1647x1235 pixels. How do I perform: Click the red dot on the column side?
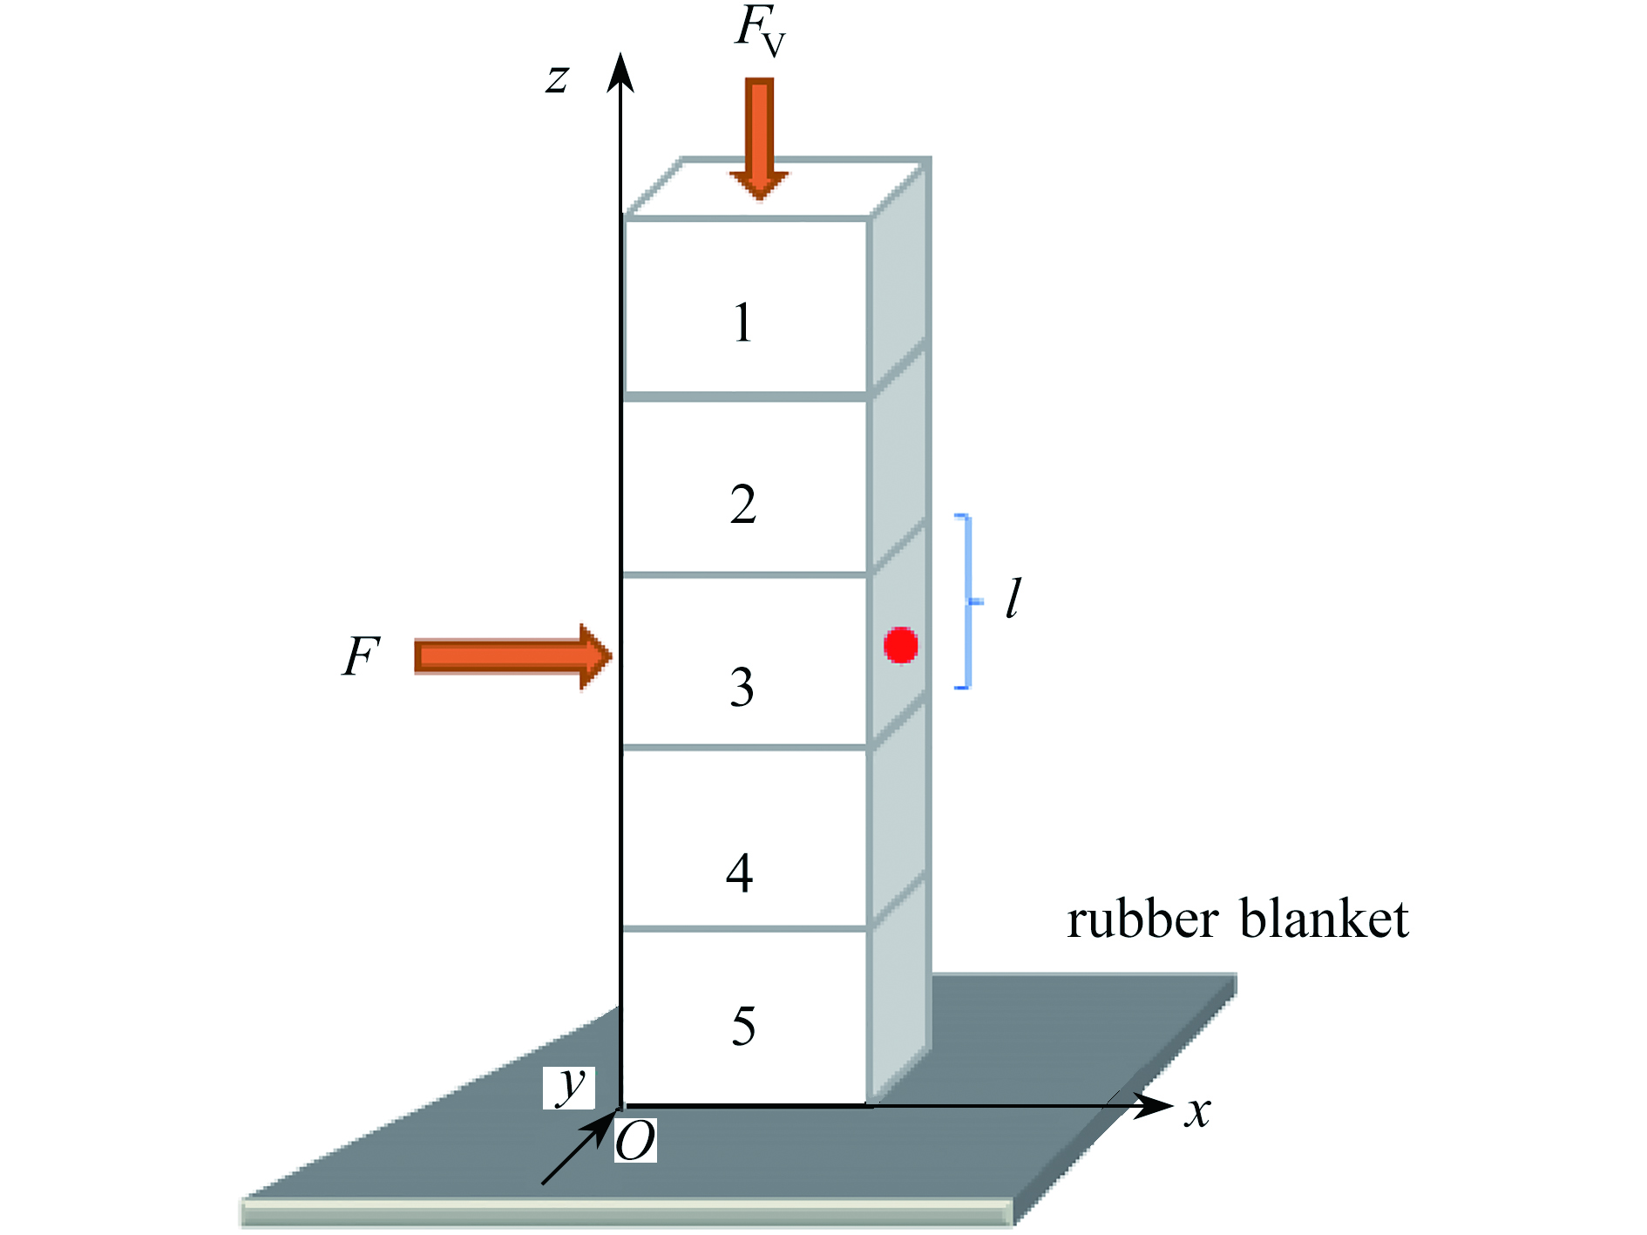coord(900,645)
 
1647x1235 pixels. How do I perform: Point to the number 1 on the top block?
coord(742,322)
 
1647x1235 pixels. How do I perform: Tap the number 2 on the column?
coord(743,505)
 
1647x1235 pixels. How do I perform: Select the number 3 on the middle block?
coord(742,687)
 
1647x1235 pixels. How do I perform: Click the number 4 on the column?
coord(740,872)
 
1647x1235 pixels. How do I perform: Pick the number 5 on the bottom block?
coord(743,1026)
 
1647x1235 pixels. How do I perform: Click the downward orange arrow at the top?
coord(759,139)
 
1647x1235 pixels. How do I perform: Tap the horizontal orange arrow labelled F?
coord(513,656)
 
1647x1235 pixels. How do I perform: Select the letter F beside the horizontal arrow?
coord(361,656)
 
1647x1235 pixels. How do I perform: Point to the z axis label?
coord(558,78)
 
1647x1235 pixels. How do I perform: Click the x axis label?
coord(1198,1112)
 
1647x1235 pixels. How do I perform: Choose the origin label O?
coord(635,1141)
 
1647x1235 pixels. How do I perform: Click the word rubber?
coord(1142,919)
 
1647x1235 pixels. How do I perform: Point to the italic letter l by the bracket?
coord(1013,599)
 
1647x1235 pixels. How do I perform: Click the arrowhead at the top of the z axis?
coord(620,71)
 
